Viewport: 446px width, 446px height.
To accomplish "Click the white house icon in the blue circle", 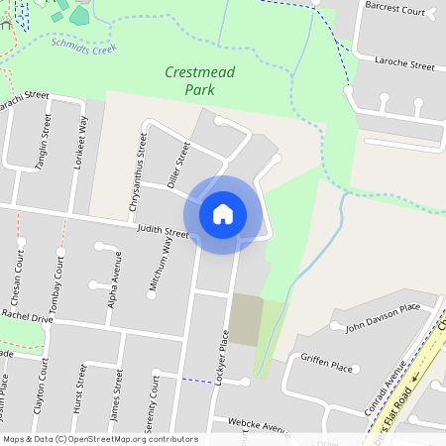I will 223,213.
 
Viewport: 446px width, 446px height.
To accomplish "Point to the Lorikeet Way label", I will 83,143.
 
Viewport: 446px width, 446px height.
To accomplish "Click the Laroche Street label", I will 404,64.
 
